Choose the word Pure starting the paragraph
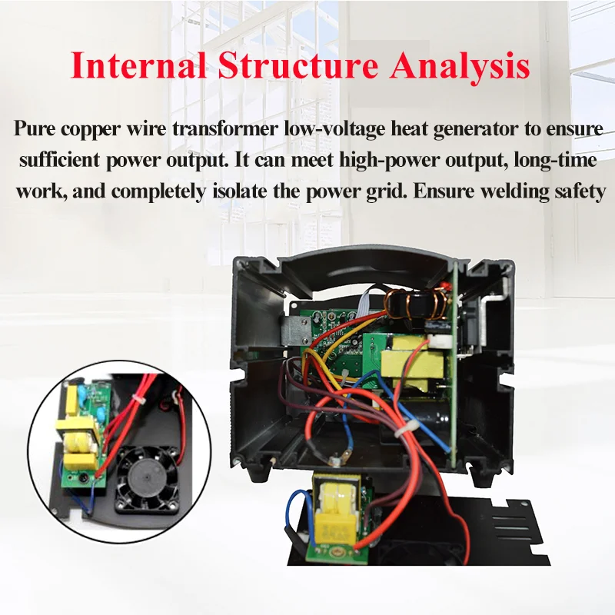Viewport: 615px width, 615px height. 35,128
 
